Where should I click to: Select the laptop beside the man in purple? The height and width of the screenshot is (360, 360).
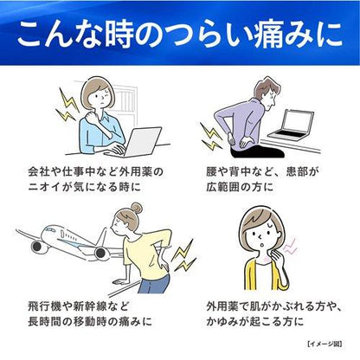292,125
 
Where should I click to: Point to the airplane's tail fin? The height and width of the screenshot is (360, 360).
101,237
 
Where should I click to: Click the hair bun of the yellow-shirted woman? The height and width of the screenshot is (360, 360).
136,208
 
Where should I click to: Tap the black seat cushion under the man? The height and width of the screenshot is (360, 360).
258,152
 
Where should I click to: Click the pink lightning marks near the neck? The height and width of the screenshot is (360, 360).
290,246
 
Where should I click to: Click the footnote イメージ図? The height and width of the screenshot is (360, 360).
325,344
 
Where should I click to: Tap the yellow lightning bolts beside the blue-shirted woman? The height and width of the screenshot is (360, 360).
67,106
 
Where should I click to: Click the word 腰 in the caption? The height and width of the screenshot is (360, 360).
211,172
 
